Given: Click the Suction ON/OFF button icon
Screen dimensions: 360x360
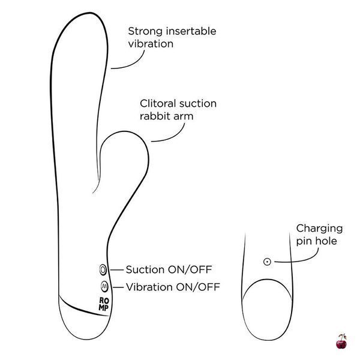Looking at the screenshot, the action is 103,269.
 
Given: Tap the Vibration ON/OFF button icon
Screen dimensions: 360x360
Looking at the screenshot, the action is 104,286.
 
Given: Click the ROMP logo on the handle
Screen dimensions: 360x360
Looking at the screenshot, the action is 104,304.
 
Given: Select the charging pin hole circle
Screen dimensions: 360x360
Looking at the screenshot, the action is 267,262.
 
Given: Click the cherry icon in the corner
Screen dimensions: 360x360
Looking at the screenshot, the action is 341,341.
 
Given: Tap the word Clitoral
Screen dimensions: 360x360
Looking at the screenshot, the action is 158,104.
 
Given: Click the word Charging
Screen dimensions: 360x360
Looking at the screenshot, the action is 319,229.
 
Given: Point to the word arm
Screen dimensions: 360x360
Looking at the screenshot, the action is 184,116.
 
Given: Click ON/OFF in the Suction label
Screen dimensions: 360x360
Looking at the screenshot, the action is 190,269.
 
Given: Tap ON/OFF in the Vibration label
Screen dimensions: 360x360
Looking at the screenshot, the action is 198,287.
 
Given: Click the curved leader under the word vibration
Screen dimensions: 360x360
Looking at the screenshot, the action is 134,64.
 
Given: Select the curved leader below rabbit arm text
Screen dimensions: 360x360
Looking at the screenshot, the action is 173,137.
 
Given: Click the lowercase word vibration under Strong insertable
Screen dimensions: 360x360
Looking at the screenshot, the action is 151,44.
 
